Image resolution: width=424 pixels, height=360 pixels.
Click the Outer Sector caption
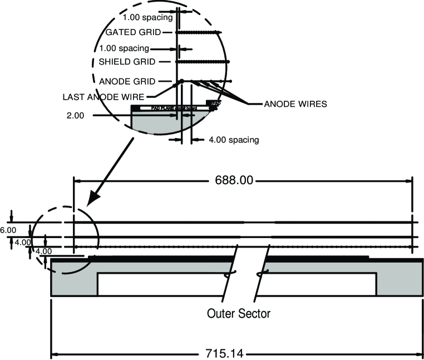tap(238, 313)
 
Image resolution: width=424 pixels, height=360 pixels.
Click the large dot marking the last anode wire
tap(181, 82)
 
